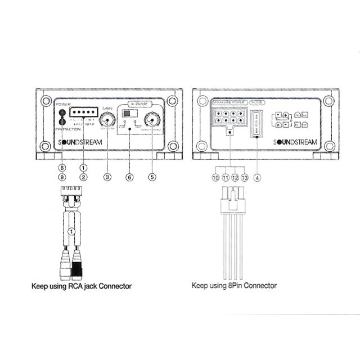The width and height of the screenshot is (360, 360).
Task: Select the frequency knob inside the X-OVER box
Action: click(151, 120)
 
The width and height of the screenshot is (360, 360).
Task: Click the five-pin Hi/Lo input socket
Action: click(83, 112)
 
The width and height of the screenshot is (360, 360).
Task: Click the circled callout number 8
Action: click(62, 167)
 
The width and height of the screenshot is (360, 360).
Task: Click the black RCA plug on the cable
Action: click(77, 265)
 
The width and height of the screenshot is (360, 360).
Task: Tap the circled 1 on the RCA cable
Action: click(71, 231)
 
